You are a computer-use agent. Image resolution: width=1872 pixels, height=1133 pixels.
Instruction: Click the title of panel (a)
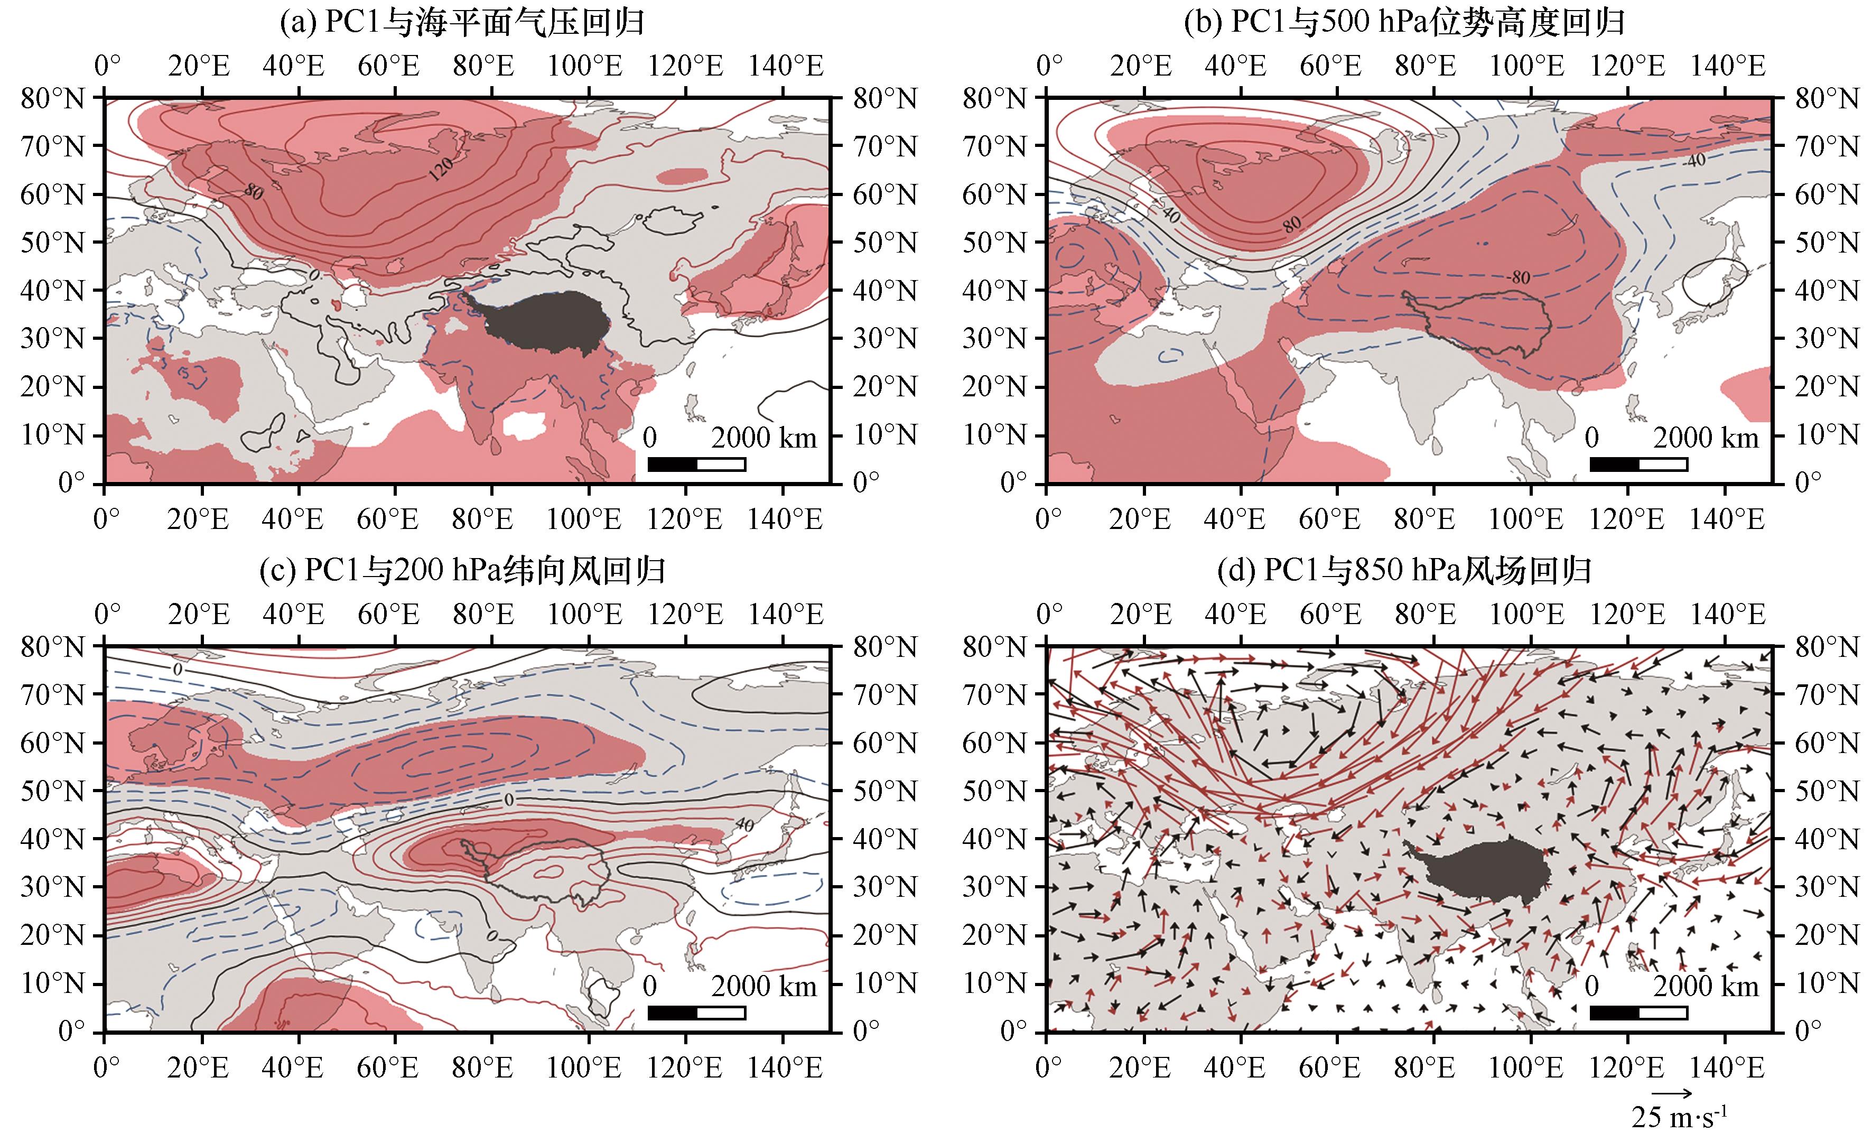coord(462,23)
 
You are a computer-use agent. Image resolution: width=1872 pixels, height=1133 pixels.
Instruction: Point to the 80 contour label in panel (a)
coord(254,191)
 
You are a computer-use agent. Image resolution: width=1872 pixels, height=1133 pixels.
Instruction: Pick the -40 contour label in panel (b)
coord(1693,160)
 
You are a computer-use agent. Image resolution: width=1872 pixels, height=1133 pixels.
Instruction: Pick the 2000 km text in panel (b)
coord(1707,438)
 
